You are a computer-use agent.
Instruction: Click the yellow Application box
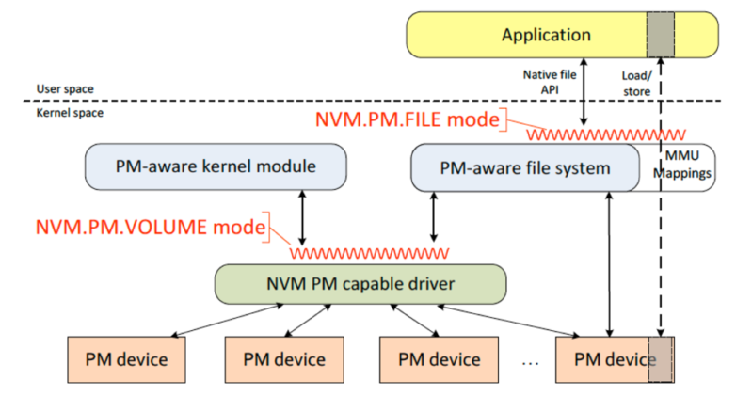coord(546,36)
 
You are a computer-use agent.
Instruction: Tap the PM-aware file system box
coord(523,168)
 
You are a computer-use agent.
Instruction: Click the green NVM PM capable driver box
coord(360,283)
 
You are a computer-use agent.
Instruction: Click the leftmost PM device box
coord(126,359)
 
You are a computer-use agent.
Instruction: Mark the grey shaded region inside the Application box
coord(661,36)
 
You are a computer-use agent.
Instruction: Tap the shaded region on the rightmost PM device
coord(661,359)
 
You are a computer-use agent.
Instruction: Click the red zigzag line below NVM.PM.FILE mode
coord(602,135)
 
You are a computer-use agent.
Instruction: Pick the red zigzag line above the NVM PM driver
coord(368,253)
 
